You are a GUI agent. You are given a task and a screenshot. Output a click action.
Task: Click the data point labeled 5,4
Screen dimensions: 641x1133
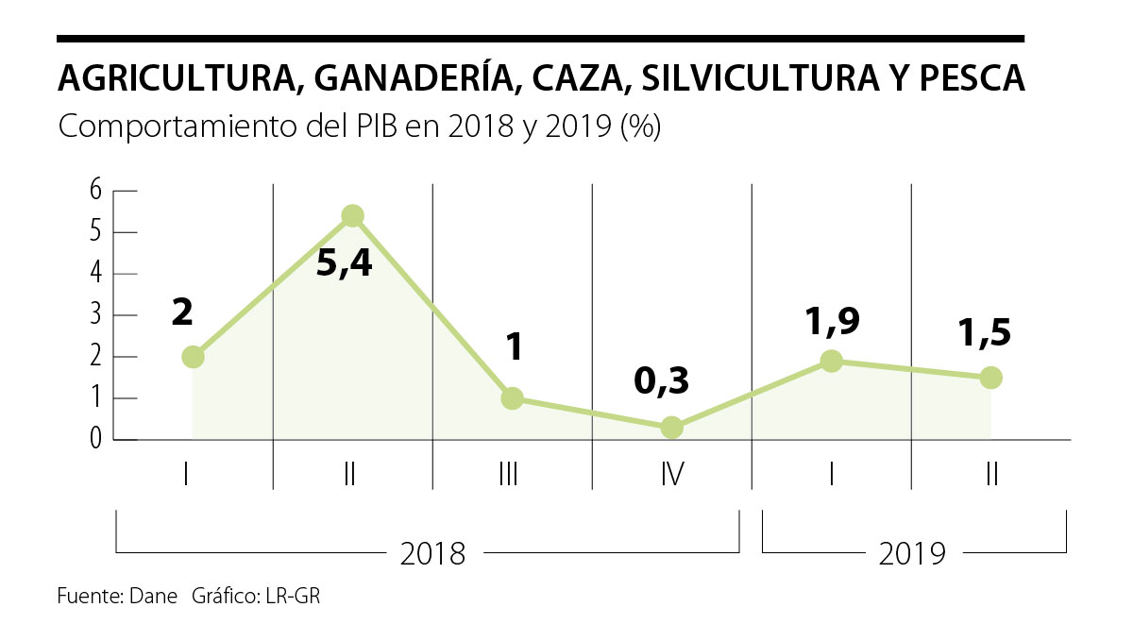(352, 216)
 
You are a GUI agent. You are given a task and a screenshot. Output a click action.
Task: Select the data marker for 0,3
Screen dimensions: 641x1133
(671, 428)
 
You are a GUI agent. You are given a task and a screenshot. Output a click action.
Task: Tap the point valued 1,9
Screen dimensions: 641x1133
(831, 361)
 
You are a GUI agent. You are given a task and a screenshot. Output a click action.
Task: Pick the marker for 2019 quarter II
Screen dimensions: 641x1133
(990, 378)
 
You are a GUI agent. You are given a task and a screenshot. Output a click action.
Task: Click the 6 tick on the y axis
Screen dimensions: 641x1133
(95, 190)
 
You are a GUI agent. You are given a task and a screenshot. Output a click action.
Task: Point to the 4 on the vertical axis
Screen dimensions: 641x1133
(95, 274)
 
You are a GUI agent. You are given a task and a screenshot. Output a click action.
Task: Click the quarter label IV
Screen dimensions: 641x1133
(671, 473)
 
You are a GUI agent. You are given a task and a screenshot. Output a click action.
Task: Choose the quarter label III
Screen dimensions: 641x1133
(508, 473)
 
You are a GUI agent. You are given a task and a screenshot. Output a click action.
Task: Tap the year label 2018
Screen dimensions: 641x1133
(432, 554)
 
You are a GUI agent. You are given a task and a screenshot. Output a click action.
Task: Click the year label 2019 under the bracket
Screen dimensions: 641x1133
(912, 554)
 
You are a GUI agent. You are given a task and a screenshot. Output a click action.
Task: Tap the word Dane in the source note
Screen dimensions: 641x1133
(154, 597)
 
